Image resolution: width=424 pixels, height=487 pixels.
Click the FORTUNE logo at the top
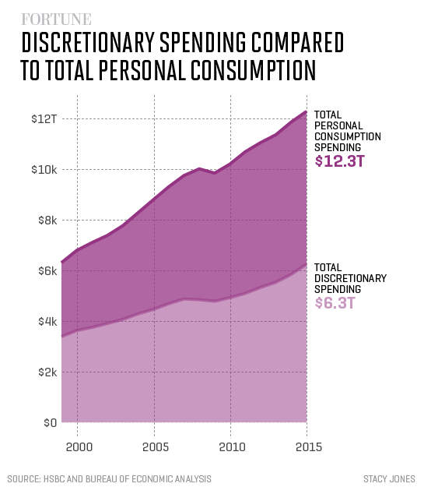tap(55, 19)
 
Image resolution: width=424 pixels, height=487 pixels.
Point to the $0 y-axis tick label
tap(49, 423)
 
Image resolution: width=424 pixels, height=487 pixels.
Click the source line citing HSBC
tap(109, 478)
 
